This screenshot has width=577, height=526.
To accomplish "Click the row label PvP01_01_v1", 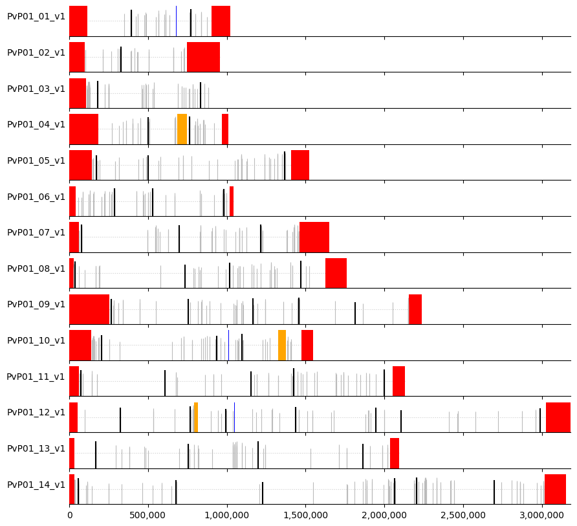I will point(36,17).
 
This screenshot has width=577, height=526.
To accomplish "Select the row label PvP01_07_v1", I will point(36,233).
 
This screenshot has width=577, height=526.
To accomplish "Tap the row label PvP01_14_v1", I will point(36,485).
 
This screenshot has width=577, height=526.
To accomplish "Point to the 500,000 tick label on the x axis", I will point(148,515).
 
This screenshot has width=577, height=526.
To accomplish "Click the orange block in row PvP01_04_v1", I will point(182,129).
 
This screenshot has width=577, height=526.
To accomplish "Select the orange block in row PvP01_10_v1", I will point(282,345).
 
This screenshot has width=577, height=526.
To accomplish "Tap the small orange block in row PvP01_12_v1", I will point(195,417).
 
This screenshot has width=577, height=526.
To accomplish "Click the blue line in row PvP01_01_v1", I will point(176,21).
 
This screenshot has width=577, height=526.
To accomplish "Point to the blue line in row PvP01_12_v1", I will point(234,417).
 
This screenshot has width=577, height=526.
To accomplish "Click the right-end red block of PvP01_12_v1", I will point(558,417).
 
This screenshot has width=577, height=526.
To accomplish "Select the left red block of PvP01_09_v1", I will point(89,309).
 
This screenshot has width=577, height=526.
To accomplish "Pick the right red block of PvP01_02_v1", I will point(203,57).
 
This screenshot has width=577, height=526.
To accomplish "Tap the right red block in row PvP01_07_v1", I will point(314,237).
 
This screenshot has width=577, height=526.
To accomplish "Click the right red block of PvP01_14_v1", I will point(555,489).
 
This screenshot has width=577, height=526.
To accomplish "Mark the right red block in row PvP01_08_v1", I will point(336,273).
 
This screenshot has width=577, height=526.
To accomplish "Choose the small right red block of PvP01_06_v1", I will point(232,201).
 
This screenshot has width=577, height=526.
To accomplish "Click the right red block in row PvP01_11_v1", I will point(398,381).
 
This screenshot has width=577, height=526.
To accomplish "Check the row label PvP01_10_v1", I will point(36,341).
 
